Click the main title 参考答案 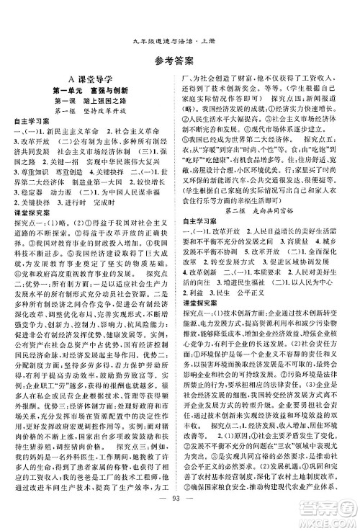[180, 40]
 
